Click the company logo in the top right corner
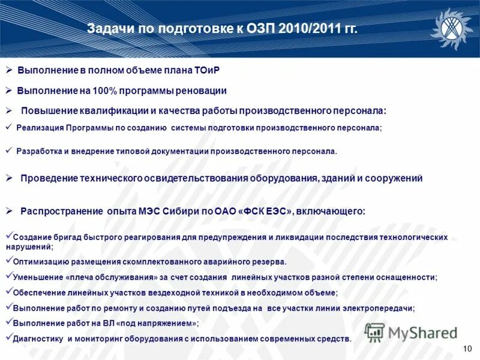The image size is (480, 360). [x=452, y=28]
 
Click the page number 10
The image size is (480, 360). [x=468, y=349]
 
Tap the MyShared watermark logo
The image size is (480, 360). [x=411, y=332]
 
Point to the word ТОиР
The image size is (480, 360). [x=207, y=70]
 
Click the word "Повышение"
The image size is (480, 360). [x=46, y=111]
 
